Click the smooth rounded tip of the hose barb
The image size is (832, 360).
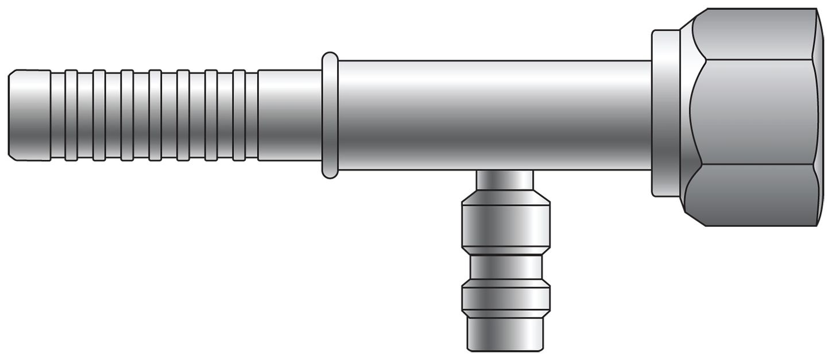click(29, 115)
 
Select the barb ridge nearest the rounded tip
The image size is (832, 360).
click(71, 115)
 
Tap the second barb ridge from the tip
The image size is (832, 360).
click(99, 115)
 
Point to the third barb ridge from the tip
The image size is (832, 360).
click(127, 115)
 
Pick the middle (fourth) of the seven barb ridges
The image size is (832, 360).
click(155, 115)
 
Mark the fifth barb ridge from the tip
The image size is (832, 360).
click(183, 115)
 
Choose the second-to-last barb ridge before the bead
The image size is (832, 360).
click(211, 115)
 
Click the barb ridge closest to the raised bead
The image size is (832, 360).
click(239, 115)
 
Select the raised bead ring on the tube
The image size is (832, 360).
click(330, 115)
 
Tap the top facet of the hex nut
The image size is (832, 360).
click(752, 34)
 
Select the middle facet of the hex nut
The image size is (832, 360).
click(752, 112)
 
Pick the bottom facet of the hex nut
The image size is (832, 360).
click(752, 195)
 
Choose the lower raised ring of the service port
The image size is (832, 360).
click(506, 299)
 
